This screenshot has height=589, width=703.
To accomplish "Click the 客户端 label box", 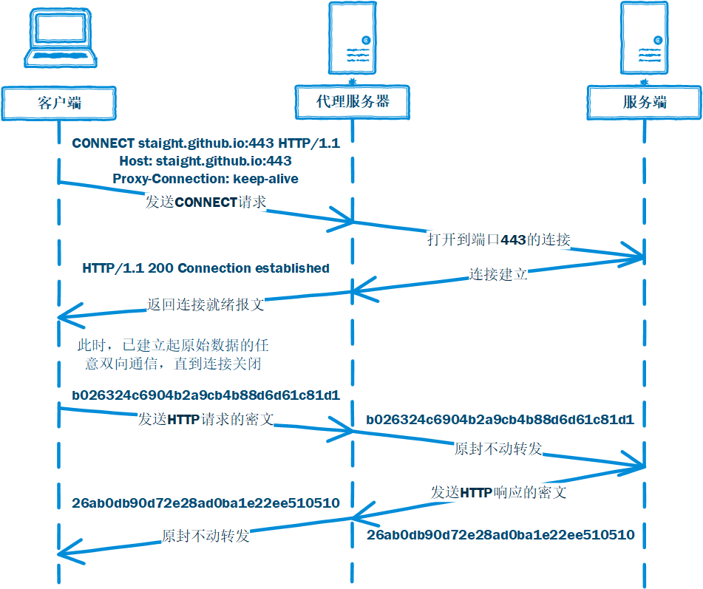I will coord(58,103).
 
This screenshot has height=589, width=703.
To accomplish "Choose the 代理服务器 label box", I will coord(353,102).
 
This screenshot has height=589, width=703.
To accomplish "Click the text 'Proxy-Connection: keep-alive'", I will coord(206,179).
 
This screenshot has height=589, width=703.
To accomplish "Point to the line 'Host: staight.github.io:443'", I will coord(206,161).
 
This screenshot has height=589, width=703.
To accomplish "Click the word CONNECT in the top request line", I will coord(103,143).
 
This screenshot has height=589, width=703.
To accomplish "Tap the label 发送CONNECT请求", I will coord(206,202).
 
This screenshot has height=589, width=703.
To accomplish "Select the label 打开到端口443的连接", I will coord(499,239).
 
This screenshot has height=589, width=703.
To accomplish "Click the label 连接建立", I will coord(498,274).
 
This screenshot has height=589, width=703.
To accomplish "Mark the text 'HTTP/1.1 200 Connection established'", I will coord(206,268).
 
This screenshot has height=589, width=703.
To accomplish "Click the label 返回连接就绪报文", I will coord(206,304).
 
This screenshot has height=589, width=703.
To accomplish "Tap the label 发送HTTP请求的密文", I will coord(206,419).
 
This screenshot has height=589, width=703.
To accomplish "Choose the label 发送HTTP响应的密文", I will coord(499,491).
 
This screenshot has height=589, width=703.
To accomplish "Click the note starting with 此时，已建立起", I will coord(171,354).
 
